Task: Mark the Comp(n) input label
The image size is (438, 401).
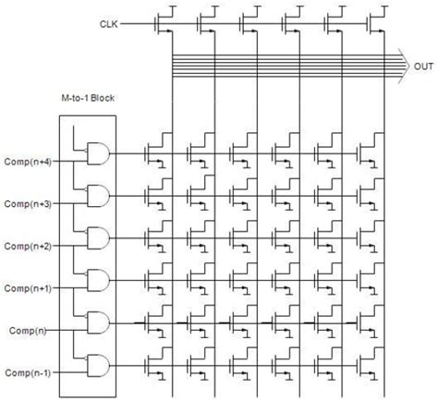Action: [29, 329]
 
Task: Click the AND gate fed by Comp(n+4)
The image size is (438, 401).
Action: [95, 153]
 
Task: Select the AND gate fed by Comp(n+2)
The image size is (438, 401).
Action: [95, 237]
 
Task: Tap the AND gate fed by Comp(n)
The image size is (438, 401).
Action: [95, 322]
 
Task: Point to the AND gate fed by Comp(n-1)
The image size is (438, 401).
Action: [95, 364]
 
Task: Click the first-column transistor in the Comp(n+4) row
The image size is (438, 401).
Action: [159, 149]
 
